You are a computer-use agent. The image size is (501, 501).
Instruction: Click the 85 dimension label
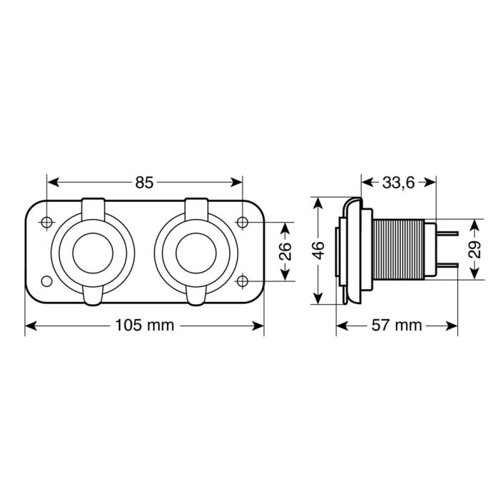(145, 183)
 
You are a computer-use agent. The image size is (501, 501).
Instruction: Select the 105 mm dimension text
(145, 326)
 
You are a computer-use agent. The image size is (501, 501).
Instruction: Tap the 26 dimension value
(285, 251)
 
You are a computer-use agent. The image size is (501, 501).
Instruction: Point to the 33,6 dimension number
(399, 183)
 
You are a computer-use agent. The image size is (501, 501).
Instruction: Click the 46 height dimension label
(318, 250)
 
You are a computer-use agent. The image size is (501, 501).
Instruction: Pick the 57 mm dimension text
(398, 326)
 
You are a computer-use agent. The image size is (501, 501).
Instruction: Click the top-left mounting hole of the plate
(47, 223)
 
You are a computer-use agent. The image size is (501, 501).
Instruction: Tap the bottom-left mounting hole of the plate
(47, 280)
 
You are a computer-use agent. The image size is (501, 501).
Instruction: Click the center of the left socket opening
(94, 251)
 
